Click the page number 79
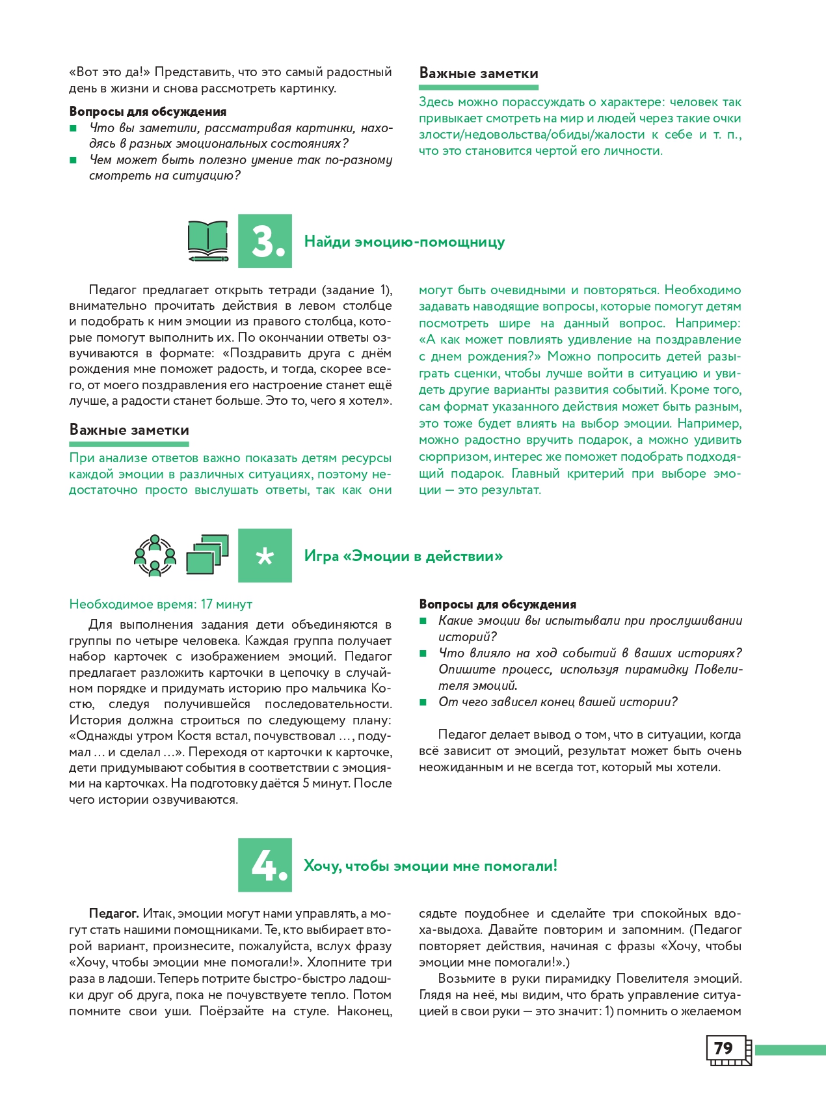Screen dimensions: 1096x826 pos(724,1048)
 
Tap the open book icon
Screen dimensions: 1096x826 pos(207,241)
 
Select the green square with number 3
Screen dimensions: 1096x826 pos(265,241)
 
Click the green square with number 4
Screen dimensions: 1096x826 pos(265,865)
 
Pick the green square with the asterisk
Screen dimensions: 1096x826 pos(265,556)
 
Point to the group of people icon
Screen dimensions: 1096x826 pos(155,556)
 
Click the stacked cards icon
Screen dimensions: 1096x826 pos(207,555)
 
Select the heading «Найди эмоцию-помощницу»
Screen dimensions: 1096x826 pos(405,242)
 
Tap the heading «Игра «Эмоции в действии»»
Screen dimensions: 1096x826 pos(403,556)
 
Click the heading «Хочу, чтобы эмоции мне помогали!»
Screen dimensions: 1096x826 pos(431,866)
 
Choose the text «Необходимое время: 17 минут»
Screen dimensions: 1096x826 pos(161,604)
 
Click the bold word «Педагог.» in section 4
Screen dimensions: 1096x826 pos(114,914)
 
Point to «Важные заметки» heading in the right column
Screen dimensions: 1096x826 pos(479,74)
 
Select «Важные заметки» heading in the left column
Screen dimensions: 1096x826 pos(129,430)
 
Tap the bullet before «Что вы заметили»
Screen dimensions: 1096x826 pos(73,128)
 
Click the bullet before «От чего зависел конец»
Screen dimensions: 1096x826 pos(423,702)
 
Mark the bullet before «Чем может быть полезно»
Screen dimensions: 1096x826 pos(73,160)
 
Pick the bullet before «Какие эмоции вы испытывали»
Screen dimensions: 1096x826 pos(423,621)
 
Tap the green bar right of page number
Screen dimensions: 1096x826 pos(790,1049)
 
